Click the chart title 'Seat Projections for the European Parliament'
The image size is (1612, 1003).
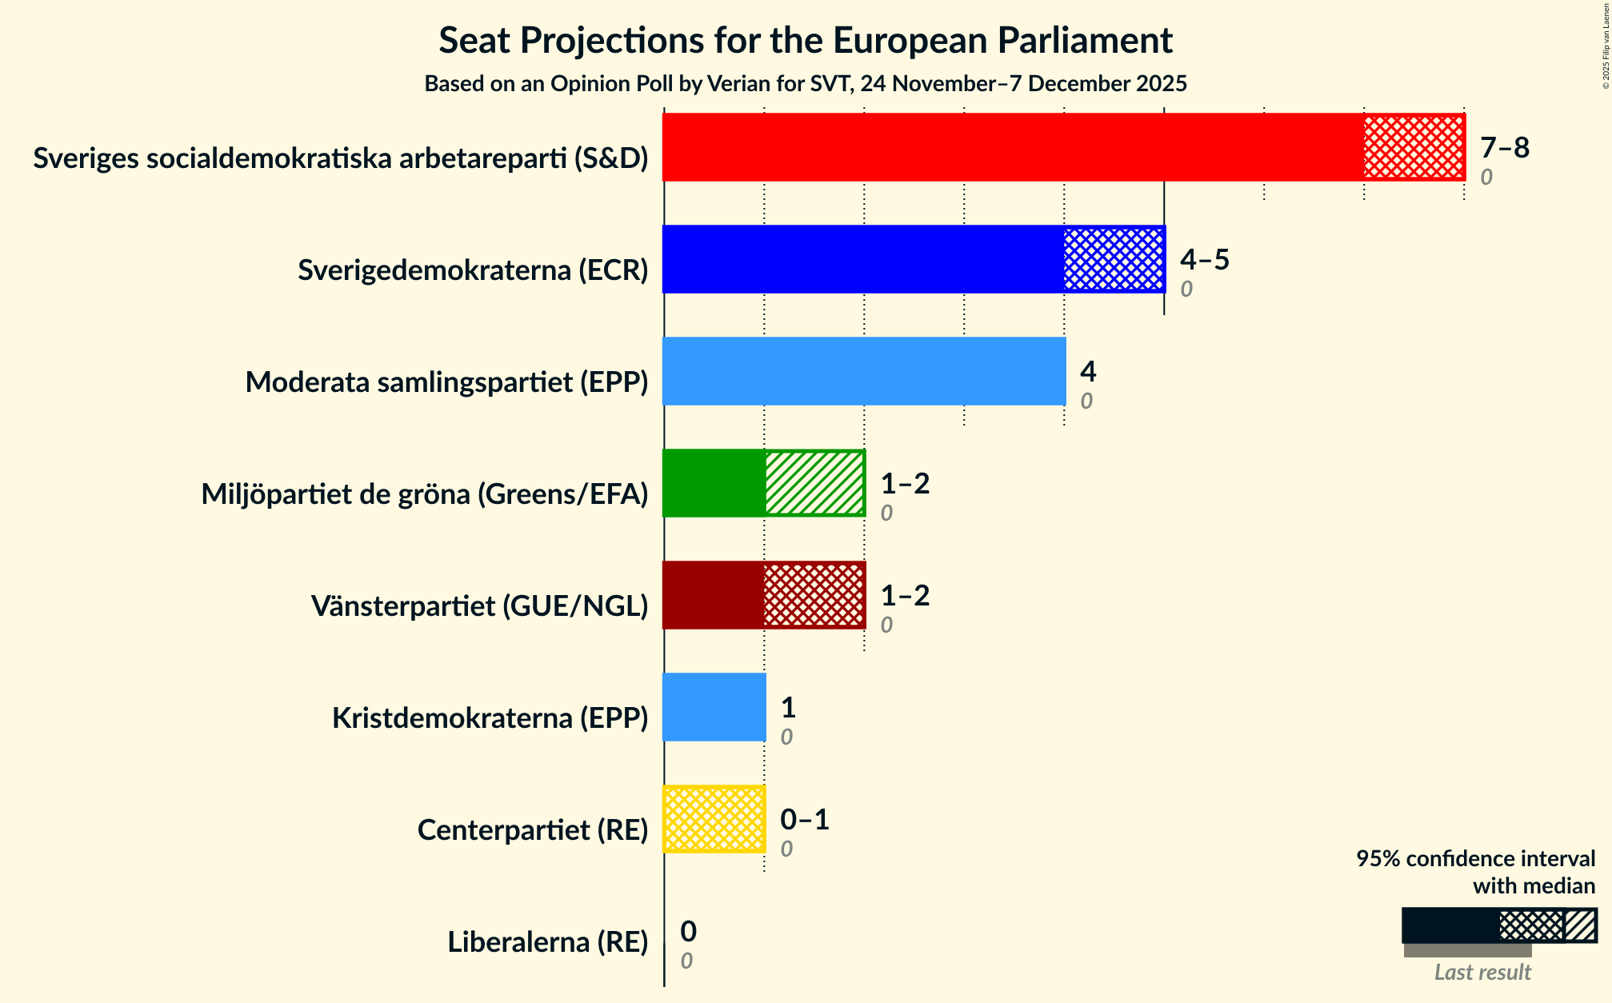[806, 41]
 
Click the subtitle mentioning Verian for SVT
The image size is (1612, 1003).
[806, 84]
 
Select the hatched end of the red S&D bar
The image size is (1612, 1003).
[1414, 147]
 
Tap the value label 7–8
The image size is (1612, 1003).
[1504, 148]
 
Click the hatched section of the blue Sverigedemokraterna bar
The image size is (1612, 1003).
[1114, 259]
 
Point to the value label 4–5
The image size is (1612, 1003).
[1204, 260]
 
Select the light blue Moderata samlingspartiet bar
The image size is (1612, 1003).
[864, 371]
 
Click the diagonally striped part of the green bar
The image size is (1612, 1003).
[814, 483]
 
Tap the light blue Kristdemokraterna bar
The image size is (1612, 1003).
[714, 707]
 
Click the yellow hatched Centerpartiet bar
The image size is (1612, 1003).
[714, 819]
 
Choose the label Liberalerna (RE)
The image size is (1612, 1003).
[548, 942]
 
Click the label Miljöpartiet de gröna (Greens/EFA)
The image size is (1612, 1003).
[425, 494]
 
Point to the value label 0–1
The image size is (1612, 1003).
[804, 820]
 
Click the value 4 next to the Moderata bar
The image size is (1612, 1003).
[1088, 372]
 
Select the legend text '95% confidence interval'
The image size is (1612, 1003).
[1475, 859]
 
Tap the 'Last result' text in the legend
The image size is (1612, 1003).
[1482, 972]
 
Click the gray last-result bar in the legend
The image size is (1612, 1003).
[1467, 950]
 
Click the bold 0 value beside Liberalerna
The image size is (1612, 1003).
[688, 932]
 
